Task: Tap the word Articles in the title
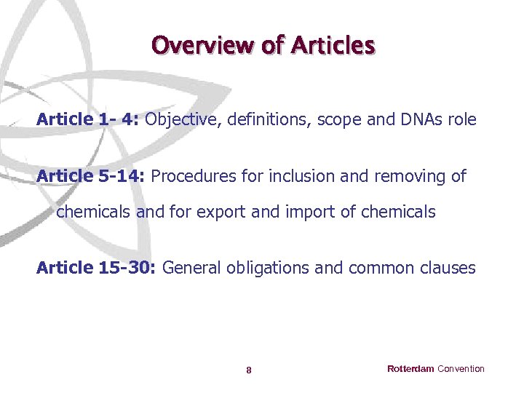[333, 45]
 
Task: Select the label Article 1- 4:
[88, 119]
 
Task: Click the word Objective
[183, 119]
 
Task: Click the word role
[462, 119]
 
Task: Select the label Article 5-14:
[91, 176]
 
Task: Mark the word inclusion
[299, 176]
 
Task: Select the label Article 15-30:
[97, 268]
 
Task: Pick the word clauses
[448, 268]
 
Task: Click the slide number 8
[249, 370]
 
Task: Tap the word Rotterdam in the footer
[410, 369]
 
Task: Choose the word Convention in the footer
[461, 369]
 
